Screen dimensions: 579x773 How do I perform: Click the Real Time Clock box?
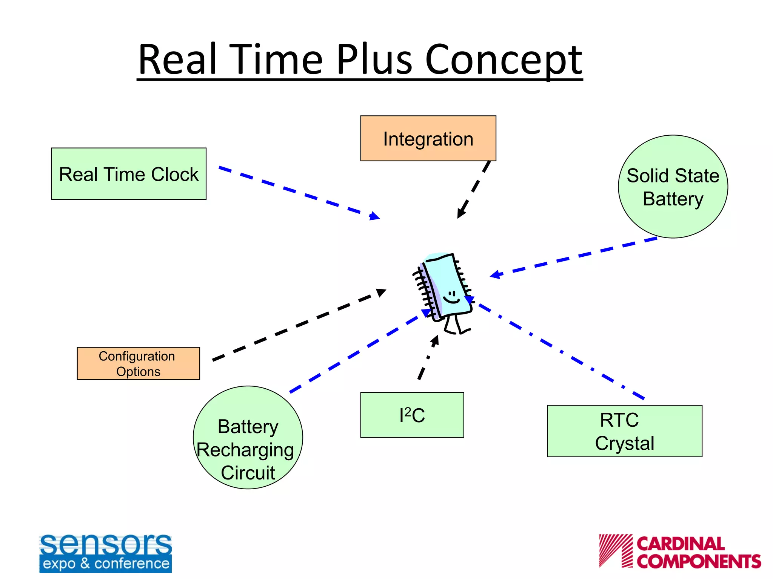pyautogui.click(x=129, y=174)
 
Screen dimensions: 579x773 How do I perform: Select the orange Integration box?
pyautogui.click(x=428, y=138)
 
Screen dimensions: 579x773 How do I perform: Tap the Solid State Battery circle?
pyautogui.click(x=673, y=187)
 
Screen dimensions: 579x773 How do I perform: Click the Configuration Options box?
pyautogui.click(x=138, y=363)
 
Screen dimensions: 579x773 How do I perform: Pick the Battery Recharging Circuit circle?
pyautogui.click(x=248, y=438)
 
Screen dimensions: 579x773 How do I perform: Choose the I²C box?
pyautogui.click(x=412, y=415)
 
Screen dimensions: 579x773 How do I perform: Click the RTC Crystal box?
pyautogui.click(x=624, y=431)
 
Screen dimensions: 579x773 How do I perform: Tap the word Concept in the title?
pyautogui.click(x=504, y=60)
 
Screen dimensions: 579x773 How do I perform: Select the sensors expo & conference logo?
pyautogui.click(x=105, y=553)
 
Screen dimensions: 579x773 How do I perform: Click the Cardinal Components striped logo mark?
pyautogui.click(x=615, y=550)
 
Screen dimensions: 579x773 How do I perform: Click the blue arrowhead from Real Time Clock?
pyautogui.click(x=374, y=216)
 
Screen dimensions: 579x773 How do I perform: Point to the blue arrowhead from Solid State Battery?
pyautogui.click(x=496, y=275)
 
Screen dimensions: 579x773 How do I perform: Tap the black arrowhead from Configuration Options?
pyautogui.click(x=381, y=293)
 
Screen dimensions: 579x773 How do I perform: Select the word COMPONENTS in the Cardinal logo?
pyautogui.click(x=699, y=561)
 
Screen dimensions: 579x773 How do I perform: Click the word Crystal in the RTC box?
pyautogui.click(x=624, y=443)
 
